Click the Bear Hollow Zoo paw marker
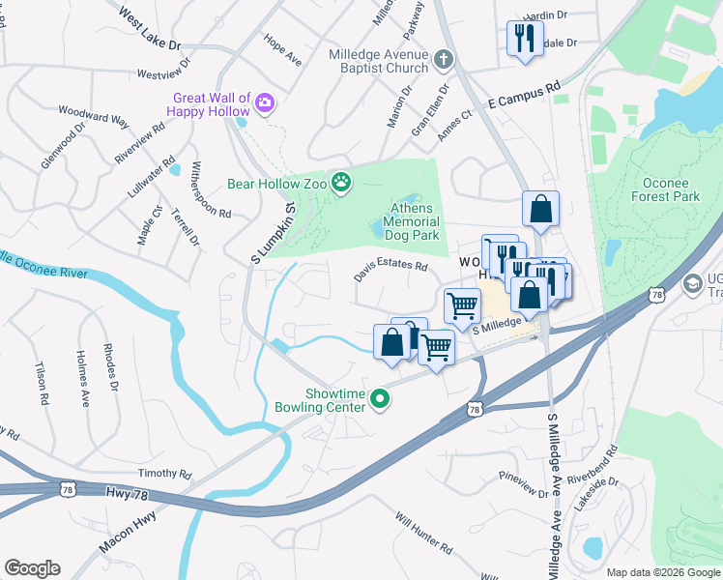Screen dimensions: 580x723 340,182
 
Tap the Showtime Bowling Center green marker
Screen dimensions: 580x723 381,398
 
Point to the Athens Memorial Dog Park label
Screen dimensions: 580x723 415,221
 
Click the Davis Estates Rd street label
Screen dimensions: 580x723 390,270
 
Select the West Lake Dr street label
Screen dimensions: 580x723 149,30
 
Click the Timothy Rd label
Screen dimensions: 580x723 164,473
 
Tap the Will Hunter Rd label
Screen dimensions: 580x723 423,532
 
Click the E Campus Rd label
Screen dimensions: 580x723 525,94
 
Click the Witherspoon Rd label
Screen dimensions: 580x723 213,188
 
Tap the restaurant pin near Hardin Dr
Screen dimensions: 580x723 525,39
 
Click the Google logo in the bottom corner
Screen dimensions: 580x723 32,568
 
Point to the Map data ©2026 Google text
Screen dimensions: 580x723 663,572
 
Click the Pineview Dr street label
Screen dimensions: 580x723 523,484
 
